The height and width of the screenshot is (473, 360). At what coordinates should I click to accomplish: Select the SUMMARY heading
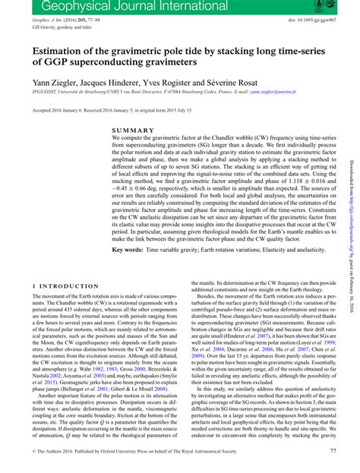coord(133,131)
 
